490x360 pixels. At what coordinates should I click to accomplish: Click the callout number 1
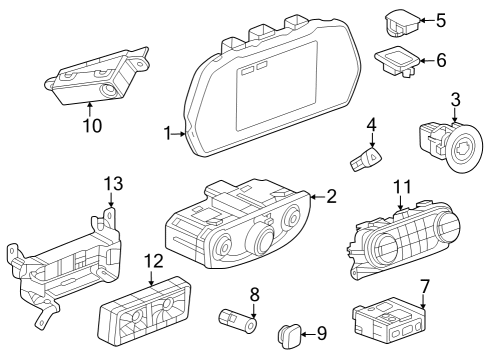coord(168,132)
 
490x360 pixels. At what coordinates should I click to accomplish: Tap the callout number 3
coord(455,99)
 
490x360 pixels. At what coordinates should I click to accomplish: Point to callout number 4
coord(370,125)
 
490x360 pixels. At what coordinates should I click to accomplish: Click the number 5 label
coord(443,19)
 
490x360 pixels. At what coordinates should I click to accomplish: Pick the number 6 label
coord(442,60)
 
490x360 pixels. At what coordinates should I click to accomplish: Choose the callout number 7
coord(425,285)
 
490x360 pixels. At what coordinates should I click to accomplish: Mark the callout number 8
coord(254,295)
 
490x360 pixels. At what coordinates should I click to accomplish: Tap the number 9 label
coord(321,332)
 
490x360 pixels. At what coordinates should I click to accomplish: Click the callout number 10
coord(93,126)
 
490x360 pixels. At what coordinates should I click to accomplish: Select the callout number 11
coord(402,186)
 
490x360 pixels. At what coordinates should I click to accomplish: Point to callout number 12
coord(152,262)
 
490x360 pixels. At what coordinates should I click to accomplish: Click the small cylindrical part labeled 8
coord(238,321)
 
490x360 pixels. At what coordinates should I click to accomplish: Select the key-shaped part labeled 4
coord(364,156)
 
